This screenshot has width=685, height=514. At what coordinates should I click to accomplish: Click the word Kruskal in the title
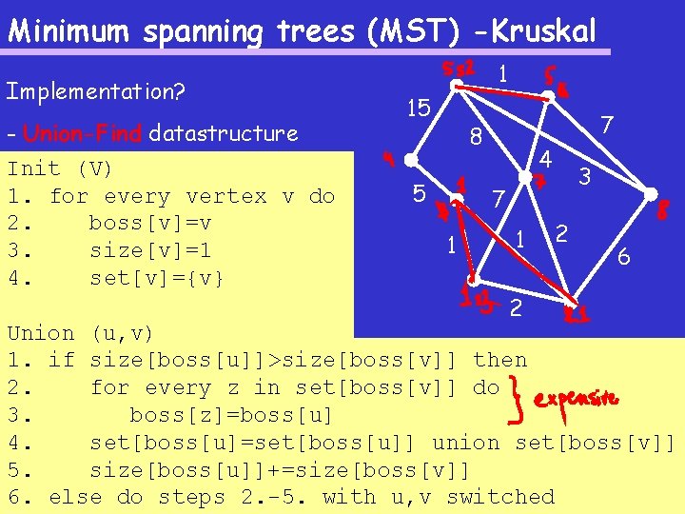[x=543, y=30]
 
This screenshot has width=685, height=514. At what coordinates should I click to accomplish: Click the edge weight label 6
[x=623, y=256]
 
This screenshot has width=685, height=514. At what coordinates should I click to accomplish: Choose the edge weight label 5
[x=419, y=194]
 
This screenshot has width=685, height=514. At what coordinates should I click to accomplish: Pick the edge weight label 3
[x=586, y=176]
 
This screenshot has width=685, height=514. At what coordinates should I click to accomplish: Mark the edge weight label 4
[x=546, y=157]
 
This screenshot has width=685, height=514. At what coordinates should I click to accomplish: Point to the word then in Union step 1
[x=499, y=360]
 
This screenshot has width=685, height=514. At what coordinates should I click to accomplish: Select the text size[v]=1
[x=149, y=251]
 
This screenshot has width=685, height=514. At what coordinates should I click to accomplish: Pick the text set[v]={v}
[x=156, y=279]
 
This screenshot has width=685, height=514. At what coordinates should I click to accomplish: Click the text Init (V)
[x=60, y=169]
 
